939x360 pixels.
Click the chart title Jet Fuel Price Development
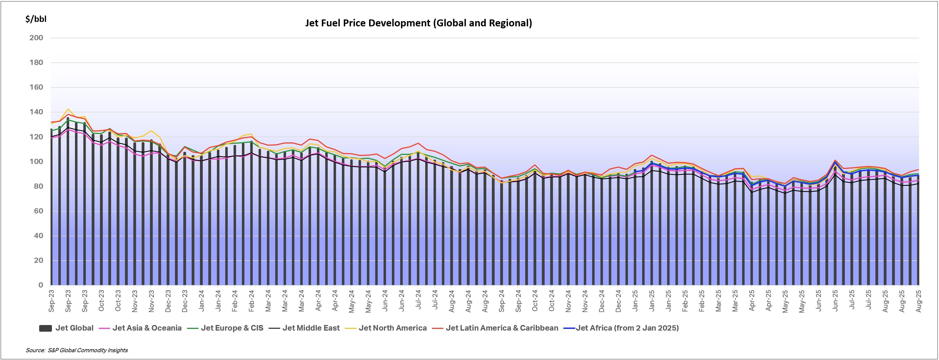click(x=418, y=23)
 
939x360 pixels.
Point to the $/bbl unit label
click(x=36, y=19)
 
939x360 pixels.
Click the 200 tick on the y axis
click(x=36, y=38)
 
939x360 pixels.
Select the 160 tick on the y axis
click(x=36, y=87)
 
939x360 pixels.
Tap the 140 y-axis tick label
click(x=36, y=112)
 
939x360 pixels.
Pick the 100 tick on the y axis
click(x=36, y=162)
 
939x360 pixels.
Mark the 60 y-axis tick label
click(x=38, y=211)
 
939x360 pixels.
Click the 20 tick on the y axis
click(x=38, y=261)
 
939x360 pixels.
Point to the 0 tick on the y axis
click(x=41, y=285)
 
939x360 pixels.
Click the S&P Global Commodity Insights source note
click(x=77, y=350)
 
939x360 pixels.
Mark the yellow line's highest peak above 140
click(x=68, y=109)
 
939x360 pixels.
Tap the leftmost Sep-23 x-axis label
click(x=51, y=301)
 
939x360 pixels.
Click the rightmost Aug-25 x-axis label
click(x=919, y=301)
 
